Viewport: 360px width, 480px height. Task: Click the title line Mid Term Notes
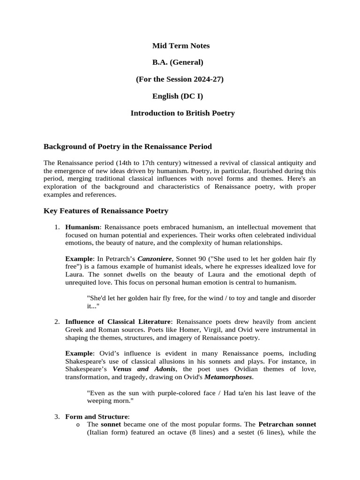181,46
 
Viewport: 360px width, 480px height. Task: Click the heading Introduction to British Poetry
182,113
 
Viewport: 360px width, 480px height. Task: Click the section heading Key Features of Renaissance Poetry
106,211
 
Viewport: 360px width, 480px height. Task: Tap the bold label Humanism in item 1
82,227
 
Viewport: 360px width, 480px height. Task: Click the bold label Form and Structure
96,416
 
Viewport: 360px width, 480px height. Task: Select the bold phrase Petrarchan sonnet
287,424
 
